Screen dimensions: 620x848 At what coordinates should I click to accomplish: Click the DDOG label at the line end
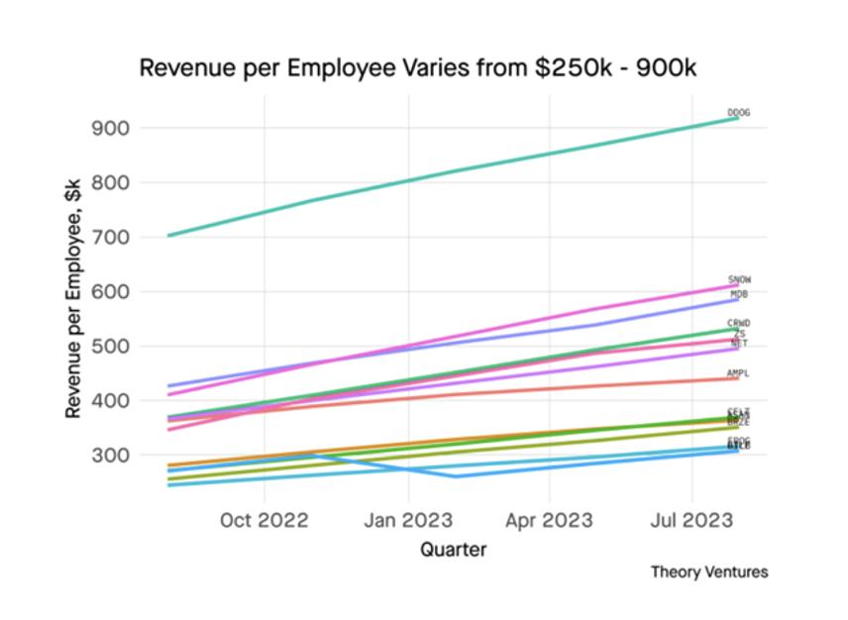[x=738, y=113]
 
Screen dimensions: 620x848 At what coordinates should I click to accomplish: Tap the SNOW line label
[x=739, y=280]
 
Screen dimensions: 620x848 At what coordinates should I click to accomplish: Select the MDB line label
[x=739, y=294]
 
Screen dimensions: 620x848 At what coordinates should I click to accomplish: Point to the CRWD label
[x=739, y=323]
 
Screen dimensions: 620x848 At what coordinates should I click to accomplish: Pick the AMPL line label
[x=738, y=373]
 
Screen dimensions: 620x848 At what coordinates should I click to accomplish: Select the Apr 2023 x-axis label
[x=549, y=520]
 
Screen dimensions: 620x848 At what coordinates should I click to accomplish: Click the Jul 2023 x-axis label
[x=690, y=520]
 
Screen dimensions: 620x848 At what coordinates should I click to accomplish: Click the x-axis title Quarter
[x=453, y=549]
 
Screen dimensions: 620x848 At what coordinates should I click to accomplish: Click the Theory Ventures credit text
[x=708, y=571]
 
